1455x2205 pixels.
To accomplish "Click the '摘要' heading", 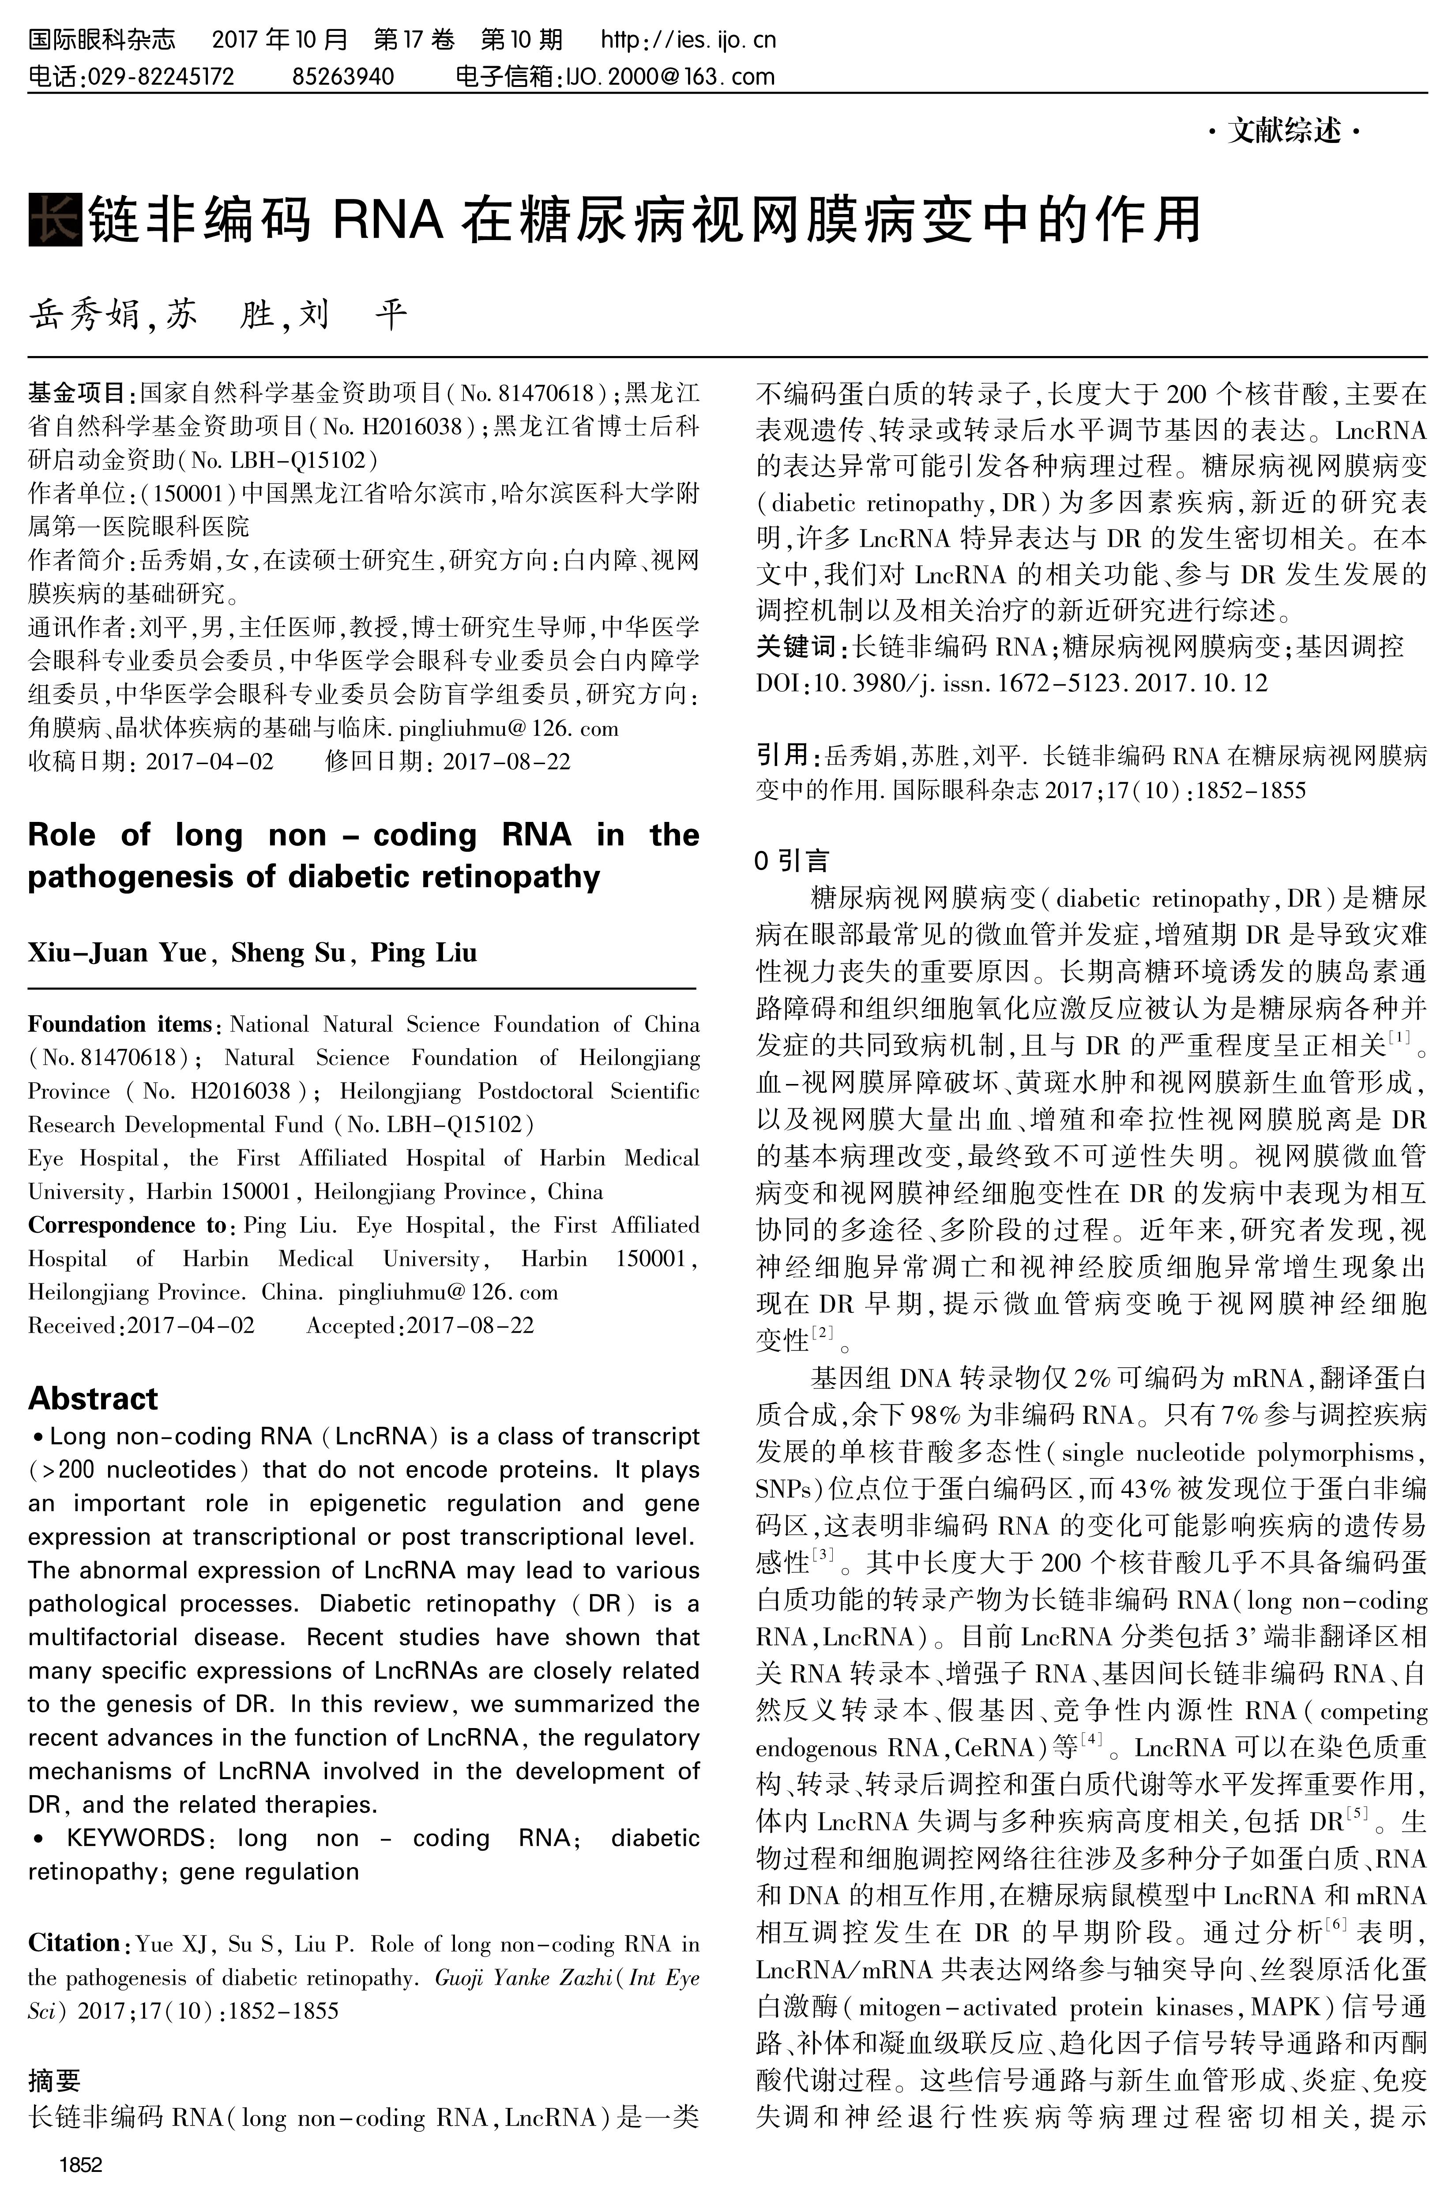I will (x=54, y=2081).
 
